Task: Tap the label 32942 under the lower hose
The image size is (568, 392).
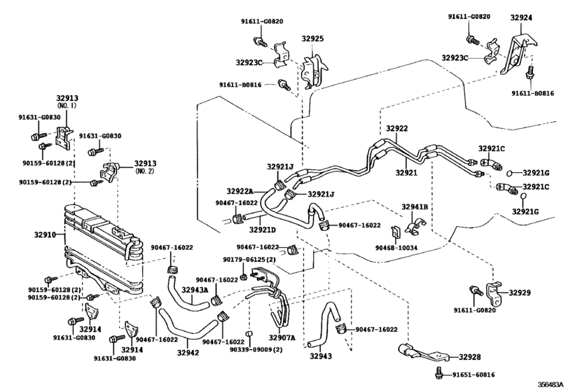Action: pyautogui.click(x=188, y=353)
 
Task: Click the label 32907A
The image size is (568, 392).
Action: pyautogui.click(x=283, y=338)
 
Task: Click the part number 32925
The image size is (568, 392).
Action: pyautogui.click(x=312, y=40)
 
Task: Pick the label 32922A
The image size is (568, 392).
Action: pyautogui.click(x=240, y=190)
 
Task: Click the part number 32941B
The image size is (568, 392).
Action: pyautogui.click(x=415, y=207)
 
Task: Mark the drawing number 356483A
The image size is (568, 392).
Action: pyautogui.click(x=552, y=384)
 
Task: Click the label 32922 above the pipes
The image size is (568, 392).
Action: pyautogui.click(x=396, y=129)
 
